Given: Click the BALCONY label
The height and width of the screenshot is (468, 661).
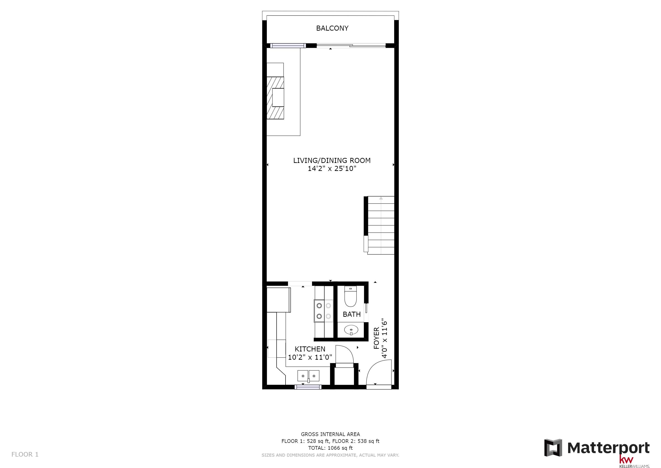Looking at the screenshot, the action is (x=332, y=28).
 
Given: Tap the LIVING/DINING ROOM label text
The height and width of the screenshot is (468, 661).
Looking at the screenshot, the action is (x=332, y=160).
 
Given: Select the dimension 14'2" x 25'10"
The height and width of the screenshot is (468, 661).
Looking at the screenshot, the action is (x=332, y=169).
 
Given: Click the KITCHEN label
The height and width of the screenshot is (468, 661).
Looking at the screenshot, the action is (x=310, y=349).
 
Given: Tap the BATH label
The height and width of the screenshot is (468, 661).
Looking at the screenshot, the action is (x=351, y=314).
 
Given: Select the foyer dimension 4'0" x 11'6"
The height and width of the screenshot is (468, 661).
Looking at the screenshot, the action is (x=384, y=338).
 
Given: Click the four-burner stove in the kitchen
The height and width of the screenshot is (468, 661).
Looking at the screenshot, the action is (x=324, y=311).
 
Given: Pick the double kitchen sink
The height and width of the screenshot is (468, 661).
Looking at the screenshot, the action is (x=308, y=376).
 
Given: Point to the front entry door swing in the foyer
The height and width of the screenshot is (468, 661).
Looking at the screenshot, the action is (x=379, y=372).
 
